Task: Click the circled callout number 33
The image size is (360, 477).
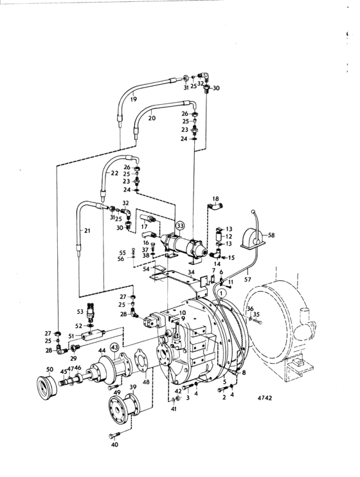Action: tap(180, 226)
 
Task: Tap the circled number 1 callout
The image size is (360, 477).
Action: tap(222, 294)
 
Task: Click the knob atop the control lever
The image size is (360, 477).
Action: tap(252, 212)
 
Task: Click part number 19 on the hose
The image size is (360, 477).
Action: tap(133, 99)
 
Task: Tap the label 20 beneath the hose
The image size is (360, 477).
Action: tap(152, 118)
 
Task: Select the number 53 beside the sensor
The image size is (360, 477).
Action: tap(80, 312)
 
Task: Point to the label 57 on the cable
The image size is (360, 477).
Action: tap(248, 279)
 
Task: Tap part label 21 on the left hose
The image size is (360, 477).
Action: tap(87, 231)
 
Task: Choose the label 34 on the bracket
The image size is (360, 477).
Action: tap(191, 271)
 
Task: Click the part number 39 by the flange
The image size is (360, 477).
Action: tap(133, 386)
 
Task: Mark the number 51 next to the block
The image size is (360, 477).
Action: tap(71, 336)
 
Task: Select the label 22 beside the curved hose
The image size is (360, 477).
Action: tap(114, 173)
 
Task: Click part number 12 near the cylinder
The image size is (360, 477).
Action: tap(229, 237)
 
